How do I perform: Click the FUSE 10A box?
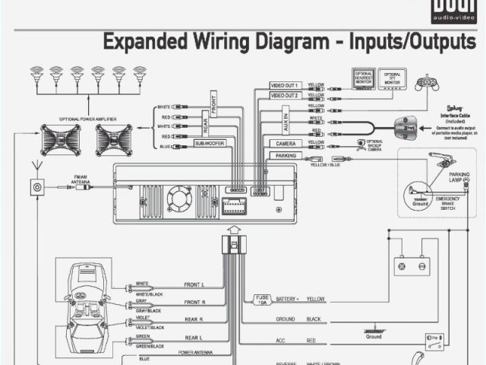point(261,300)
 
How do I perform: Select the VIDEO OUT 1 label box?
point(286,85)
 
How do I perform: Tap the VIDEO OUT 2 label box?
point(286,96)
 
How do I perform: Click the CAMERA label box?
point(286,143)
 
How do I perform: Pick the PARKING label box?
point(286,156)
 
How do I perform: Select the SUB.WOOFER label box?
point(210,143)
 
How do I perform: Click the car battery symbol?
point(411,265)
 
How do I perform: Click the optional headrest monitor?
point(363,78)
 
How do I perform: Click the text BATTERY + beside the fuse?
point(287,300)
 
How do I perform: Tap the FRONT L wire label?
point(194,284)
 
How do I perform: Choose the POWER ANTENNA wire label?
point(195,352)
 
